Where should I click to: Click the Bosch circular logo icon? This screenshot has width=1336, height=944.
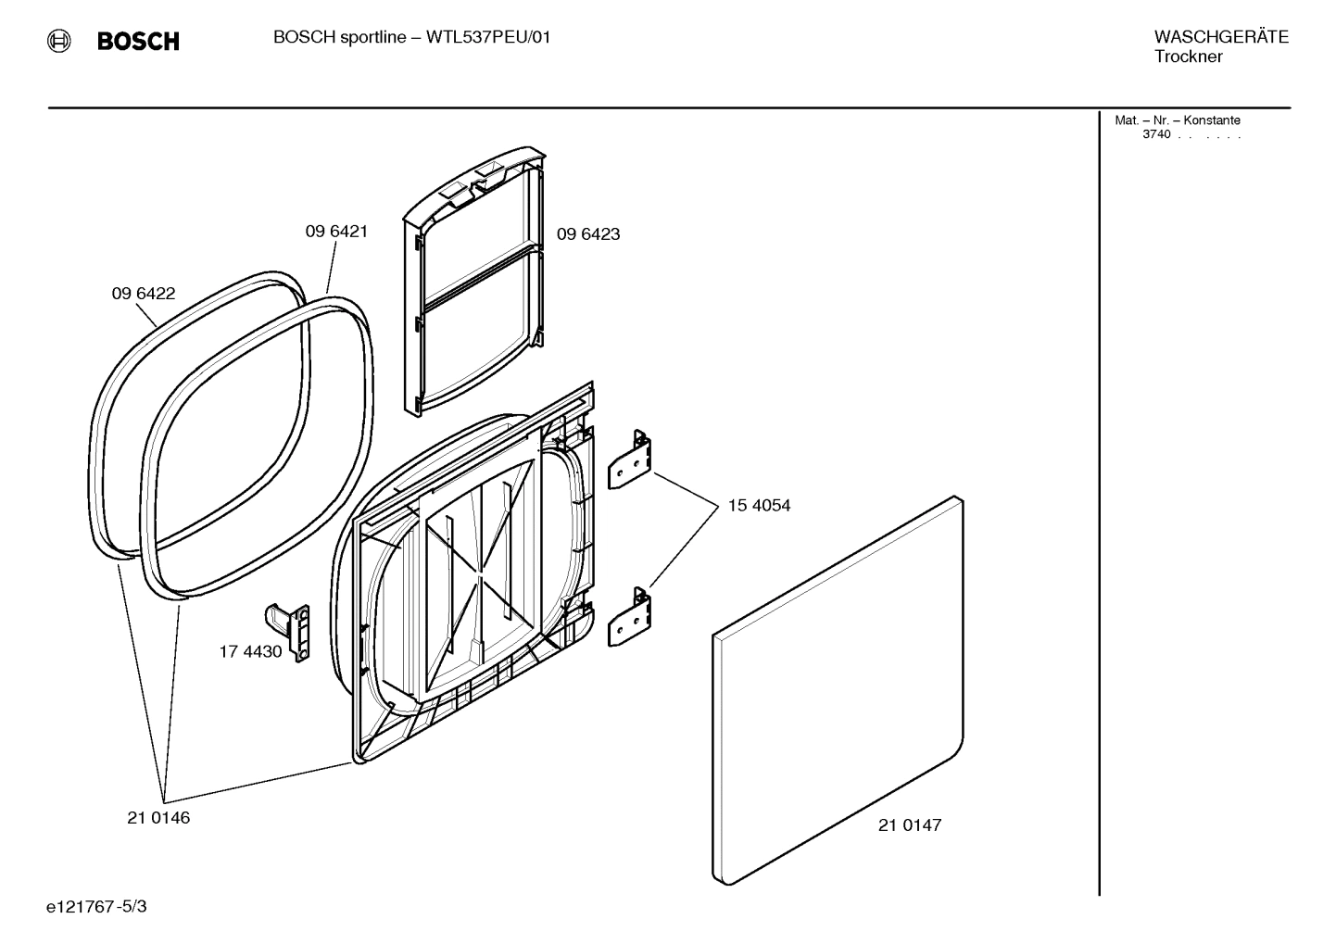58,41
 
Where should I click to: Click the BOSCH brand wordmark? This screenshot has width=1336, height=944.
138,42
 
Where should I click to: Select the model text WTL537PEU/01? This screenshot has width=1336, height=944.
487,38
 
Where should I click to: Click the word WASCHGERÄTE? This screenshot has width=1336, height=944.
1220,37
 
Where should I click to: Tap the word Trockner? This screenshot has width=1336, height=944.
1188,57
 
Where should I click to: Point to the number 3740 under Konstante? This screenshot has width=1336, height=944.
1155,134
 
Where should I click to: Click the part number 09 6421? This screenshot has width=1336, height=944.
336,232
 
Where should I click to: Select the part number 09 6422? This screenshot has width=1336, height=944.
144,294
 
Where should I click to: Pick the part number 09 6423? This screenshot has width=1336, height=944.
587,234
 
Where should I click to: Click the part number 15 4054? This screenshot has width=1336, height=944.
759,506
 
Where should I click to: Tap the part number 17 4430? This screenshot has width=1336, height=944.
250,651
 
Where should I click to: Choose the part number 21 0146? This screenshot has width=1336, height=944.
158,818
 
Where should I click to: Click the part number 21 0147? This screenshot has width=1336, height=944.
909,825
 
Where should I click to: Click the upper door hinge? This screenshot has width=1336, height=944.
630,459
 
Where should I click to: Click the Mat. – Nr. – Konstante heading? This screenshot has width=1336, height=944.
1177,120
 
